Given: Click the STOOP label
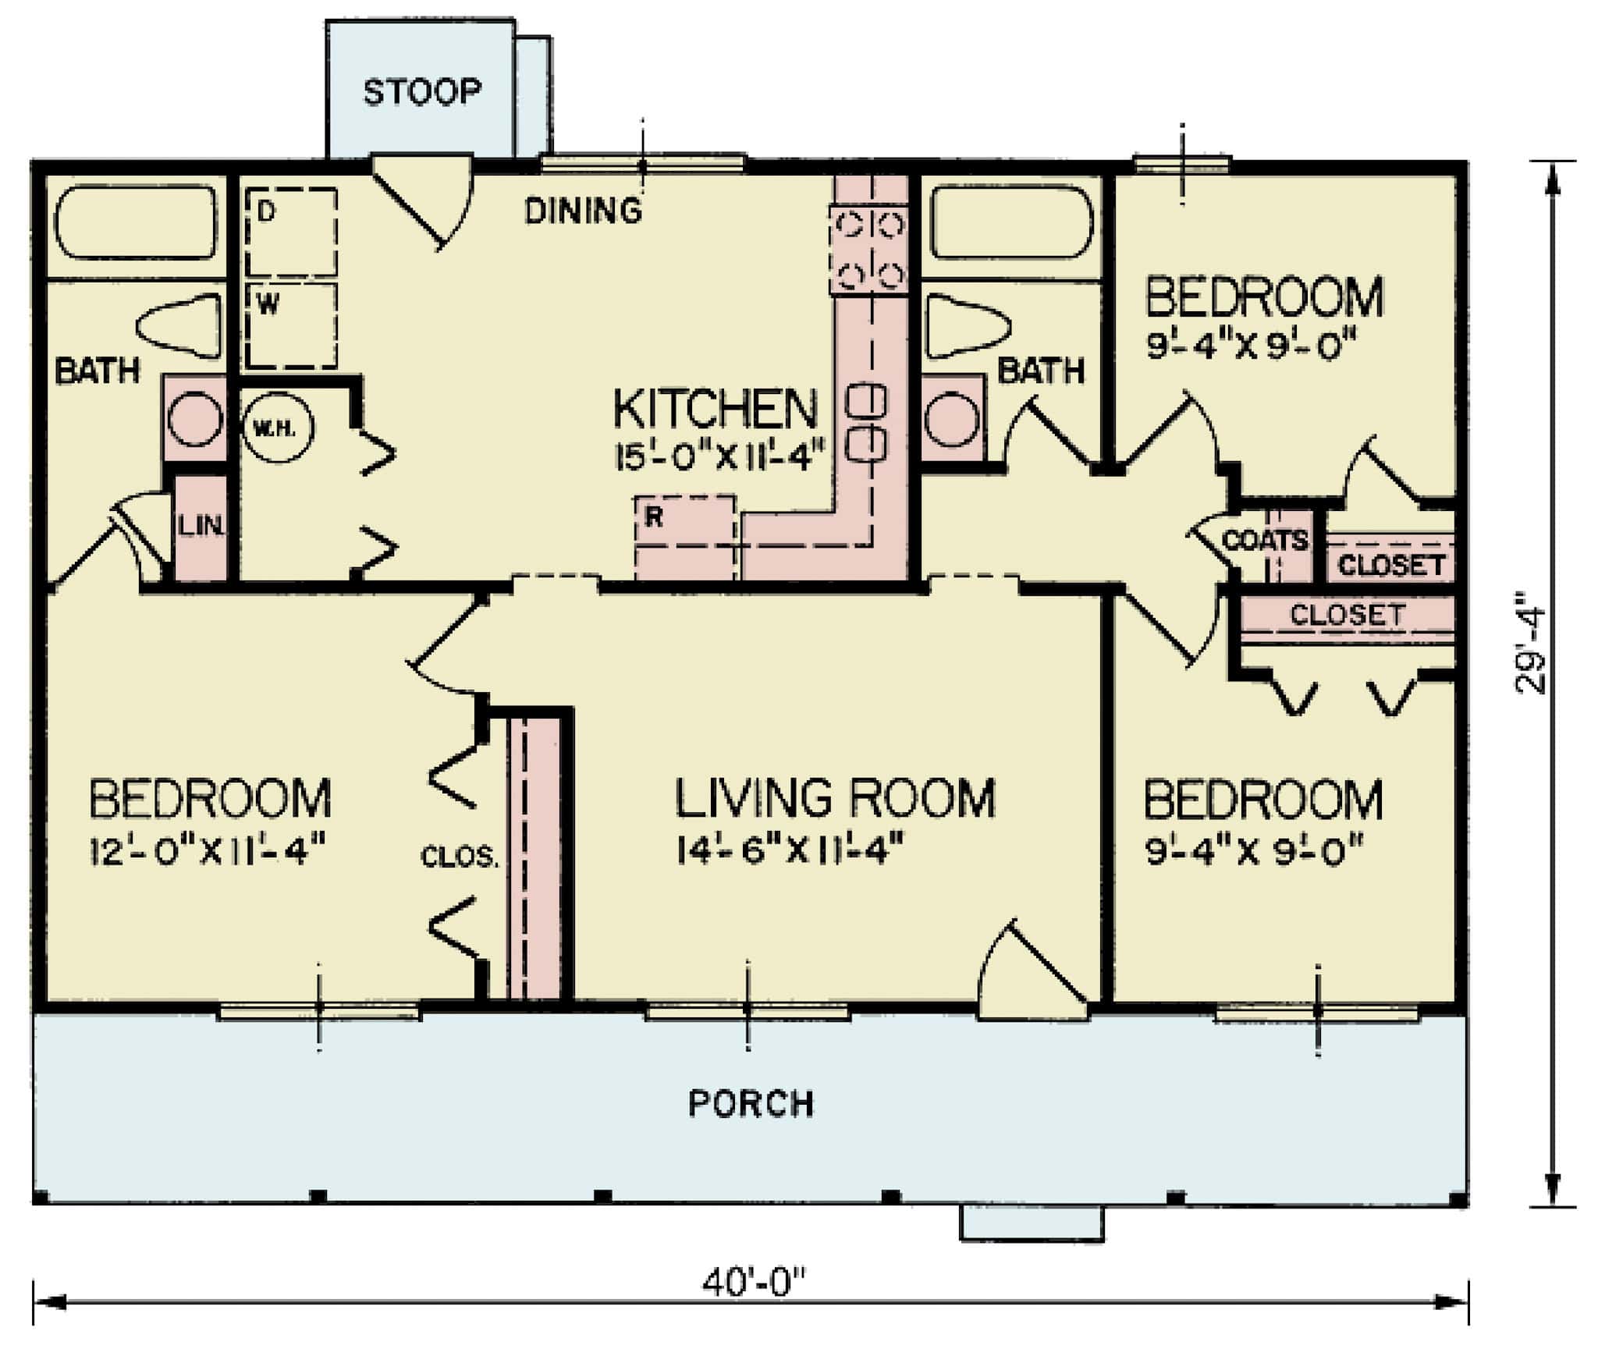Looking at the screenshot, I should tap(421, 92).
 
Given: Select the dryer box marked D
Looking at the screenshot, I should tap(291, 232).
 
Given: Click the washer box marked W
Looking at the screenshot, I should tap(291, 324).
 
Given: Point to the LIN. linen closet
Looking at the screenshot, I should tap(201, 527).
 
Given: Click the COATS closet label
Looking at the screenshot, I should tap(1264, 540).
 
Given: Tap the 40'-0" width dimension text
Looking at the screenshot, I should tap(752, 1282).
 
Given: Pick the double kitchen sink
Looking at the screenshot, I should tap(867, 422).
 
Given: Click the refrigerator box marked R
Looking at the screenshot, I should tap(685, 537).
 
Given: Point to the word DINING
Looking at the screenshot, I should tap(583, 211).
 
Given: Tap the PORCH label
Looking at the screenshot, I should tap(751, 1103).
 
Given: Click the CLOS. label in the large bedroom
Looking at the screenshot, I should tap(459, 857).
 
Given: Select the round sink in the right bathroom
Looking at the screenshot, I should tap(952, 420).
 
